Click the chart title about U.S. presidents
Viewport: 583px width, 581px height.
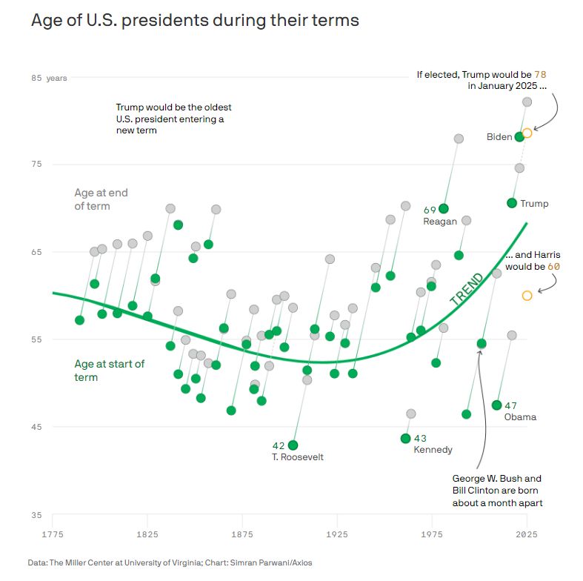coord(195,21)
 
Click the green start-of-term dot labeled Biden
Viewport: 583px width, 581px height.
coord(519,136)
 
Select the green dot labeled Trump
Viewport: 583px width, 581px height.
coord(512,203)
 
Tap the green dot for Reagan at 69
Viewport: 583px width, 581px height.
coord(444,209)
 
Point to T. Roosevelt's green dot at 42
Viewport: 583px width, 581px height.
coord(293,445)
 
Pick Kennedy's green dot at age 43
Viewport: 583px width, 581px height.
coord(405,438)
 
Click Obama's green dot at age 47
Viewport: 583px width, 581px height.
coord(497,405)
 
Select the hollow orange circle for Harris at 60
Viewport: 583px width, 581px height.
coord(527,296)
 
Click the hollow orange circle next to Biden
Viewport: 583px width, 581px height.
coord(527,133)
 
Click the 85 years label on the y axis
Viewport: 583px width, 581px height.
coord(49,78)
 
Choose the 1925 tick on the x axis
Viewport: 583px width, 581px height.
coord(336,534)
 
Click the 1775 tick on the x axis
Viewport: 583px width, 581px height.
coord(53,534)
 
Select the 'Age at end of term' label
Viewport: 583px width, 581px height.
coord(101,199)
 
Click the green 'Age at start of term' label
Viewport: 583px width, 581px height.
coord(110,371)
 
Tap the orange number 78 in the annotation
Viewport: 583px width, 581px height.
coord(540,75)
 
